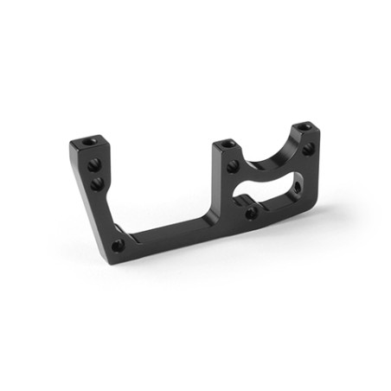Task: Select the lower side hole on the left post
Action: (96, 183)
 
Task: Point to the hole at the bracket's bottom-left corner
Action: (118, 246)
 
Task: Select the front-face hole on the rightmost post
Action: (308, 150)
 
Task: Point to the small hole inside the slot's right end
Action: (297, 185)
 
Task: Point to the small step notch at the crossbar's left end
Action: (131, 232)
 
